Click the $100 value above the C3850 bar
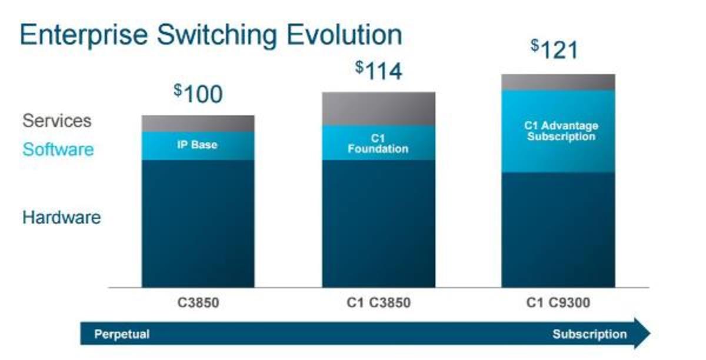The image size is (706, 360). (x=198, y=94)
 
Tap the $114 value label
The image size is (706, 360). (x=379, y=71)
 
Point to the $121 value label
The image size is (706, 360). (x=555, y=49)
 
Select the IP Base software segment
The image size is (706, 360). (x=198, y=145)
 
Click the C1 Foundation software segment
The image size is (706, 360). (x=378, y=143)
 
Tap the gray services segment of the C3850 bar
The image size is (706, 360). (x=198, y=123)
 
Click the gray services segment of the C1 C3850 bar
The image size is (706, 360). (x=378, y=108)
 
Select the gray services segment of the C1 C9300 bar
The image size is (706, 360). (x=558, y=82)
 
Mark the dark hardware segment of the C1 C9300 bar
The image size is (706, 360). (x=558, y=229)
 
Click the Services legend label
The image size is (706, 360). (x=57, y=121)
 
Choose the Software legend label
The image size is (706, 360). (x=58, y=149)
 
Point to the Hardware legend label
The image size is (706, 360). (x=62, y=218)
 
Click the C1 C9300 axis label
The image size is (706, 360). (x=558, y=304)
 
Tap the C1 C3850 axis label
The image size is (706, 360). (x=378, y=304)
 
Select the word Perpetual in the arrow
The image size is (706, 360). (x=122, y=335)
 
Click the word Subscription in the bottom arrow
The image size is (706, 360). (x=590, y=335)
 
